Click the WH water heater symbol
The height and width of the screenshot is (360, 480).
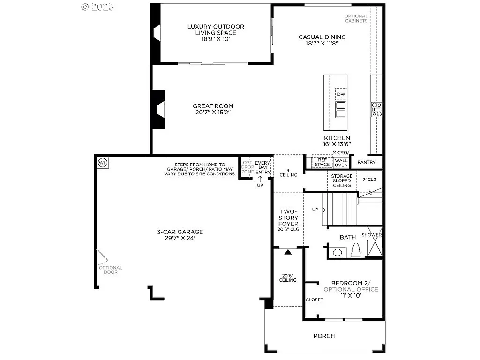point(103,163)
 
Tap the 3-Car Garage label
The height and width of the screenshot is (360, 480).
point(180,234)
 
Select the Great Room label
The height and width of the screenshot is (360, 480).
point(213,109)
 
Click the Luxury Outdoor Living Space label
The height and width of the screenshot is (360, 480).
point(216,33)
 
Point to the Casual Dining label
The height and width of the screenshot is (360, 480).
point(322,40)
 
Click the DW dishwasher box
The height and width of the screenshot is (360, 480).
point(341,94)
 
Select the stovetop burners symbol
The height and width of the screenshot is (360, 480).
point(377,109)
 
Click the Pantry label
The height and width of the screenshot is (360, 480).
point(367,162)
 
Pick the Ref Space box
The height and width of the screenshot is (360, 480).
point(322,162)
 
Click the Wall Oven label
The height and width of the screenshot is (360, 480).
point(341,162)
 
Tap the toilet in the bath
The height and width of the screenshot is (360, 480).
point(356,251)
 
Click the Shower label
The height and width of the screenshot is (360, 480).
point(374,235)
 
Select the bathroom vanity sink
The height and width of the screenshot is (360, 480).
point(337,253)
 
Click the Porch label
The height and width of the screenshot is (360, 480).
point(324,336)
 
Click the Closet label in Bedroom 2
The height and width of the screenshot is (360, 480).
point(314,300)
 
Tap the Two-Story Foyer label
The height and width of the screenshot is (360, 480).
point(288,220)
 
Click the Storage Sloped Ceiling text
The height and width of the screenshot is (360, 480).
point(342,180)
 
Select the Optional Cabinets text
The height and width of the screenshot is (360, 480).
point(356,18)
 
